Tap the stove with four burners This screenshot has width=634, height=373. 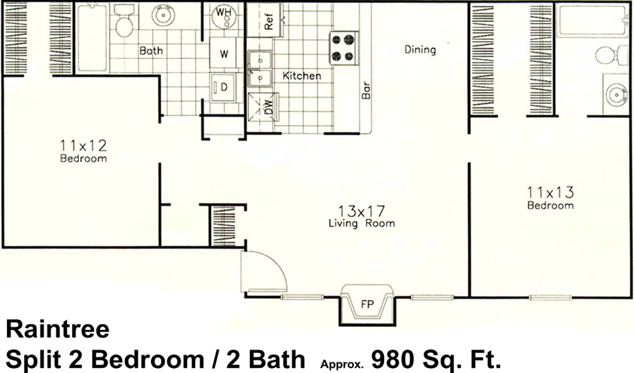[344, 48]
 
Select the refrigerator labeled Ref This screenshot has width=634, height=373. [265, 21]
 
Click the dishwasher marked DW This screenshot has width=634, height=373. [263, 106]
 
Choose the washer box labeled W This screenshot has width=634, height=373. [224, 53]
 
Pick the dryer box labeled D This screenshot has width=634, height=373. [223, 86]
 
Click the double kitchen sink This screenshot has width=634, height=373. [260, 68]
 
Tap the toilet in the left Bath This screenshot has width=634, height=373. [124, 21]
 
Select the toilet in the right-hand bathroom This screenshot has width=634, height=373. [610, 55]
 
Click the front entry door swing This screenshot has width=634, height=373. [264, 271]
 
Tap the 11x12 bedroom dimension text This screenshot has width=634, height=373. [83, 145]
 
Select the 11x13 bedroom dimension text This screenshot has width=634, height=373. [550, 191]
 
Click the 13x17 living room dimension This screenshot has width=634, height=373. [362, 210]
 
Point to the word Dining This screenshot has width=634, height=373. [421, 50]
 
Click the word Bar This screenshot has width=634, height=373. [365, 90]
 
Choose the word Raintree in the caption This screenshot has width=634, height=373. [58, 329]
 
